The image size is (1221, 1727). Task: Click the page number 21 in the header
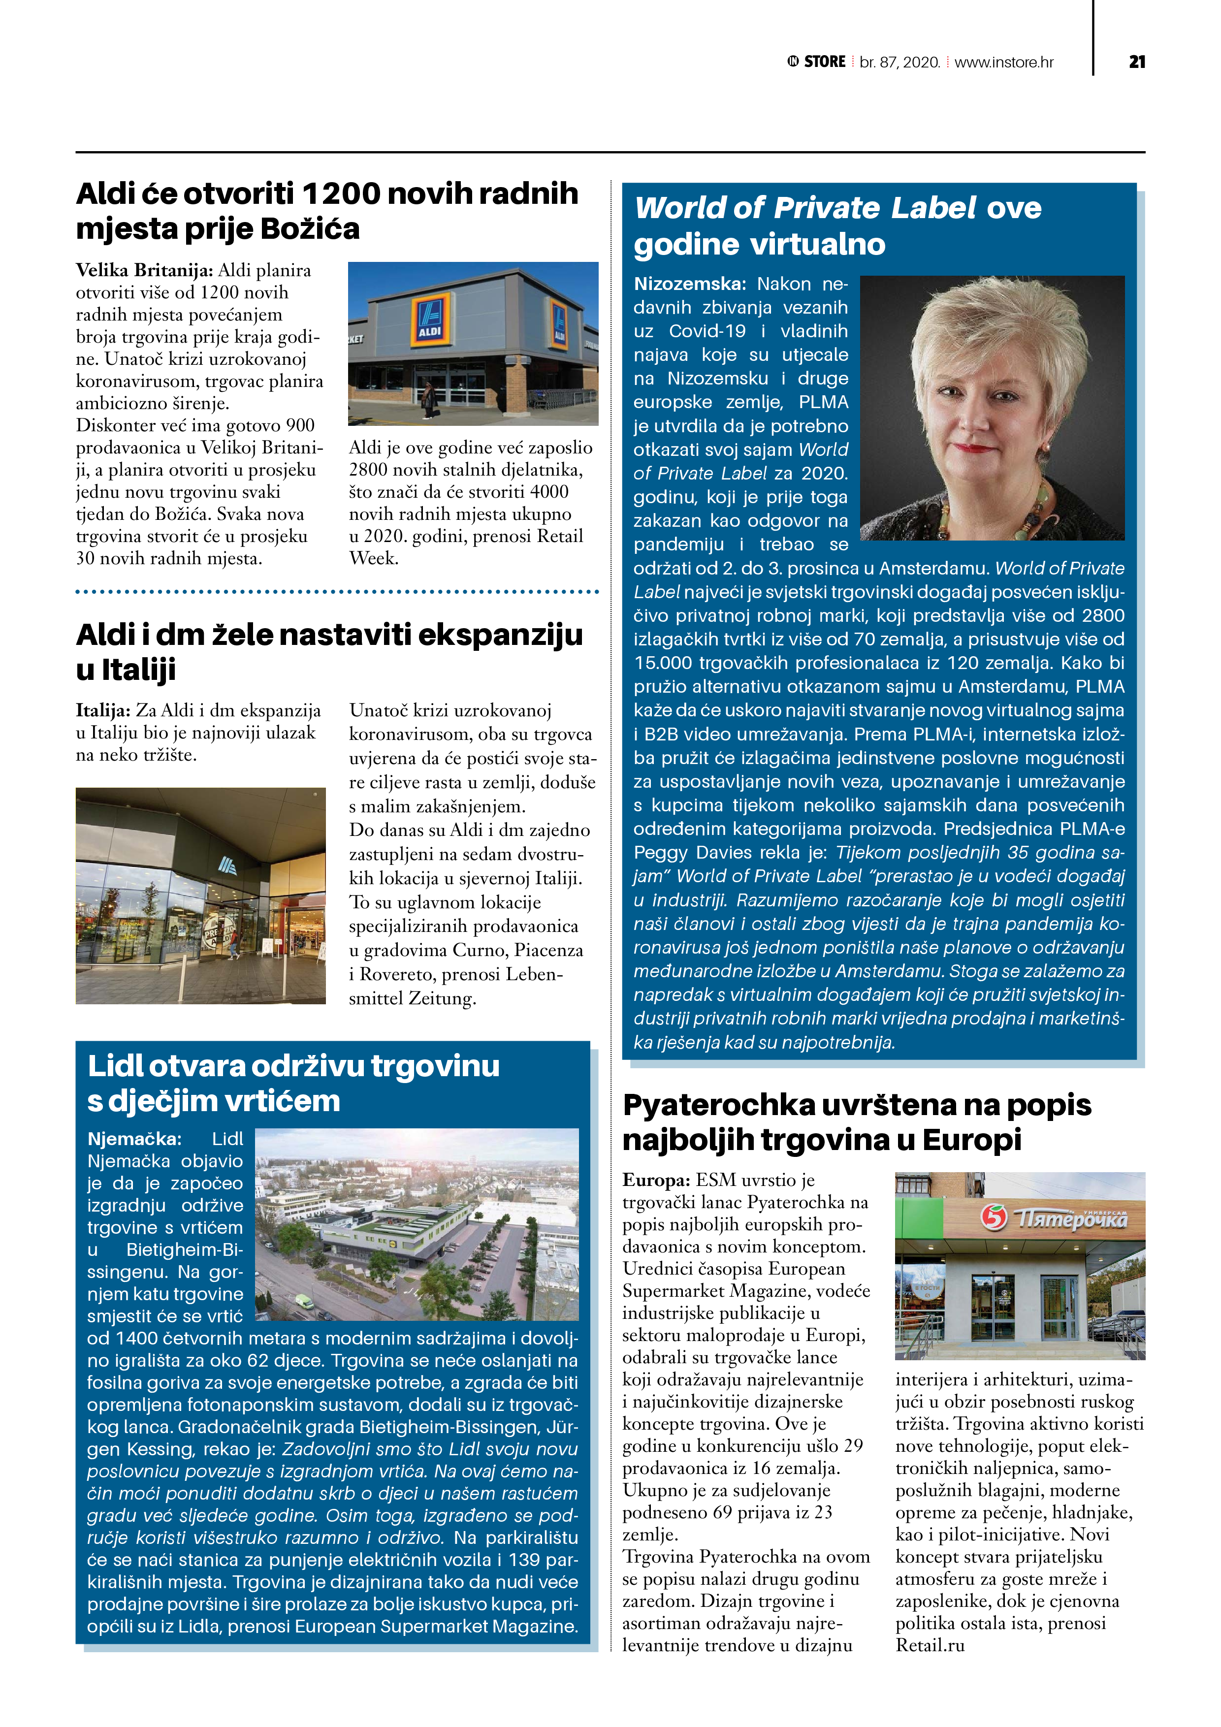[x=1137, y=62]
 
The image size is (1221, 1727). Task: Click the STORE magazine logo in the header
[x=817, y=62]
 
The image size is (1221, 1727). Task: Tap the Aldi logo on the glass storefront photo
[x=227, y=866]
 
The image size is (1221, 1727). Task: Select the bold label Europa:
[x=656, y=1180]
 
